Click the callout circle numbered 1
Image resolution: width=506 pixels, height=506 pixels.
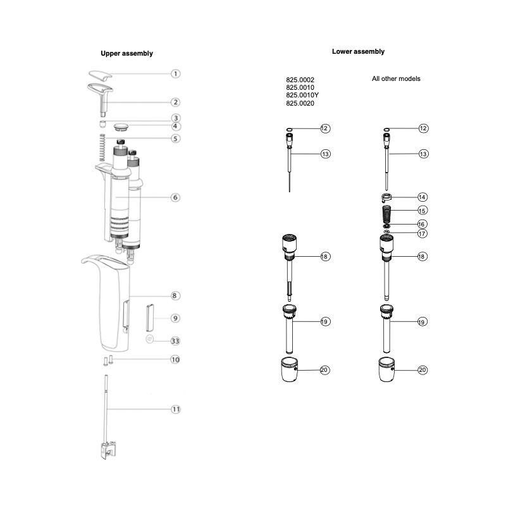pyautogui.click(x=176, y=74)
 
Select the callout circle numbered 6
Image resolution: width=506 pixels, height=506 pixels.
pyautogui.click(x=175, y=197)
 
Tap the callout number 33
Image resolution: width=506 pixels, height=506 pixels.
pyautogui.click(x=175, y=341)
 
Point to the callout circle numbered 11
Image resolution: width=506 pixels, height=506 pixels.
pyautogui.click(x=176, y=409)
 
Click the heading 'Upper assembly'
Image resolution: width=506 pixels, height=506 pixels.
pyautogui.click(x=127, y=54)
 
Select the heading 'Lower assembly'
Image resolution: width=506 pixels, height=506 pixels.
pyautogui.click(x=358, y=52)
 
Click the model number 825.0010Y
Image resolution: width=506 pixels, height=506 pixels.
pyautogui.click(x=302, y=96)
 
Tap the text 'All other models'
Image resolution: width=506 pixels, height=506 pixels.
pyautogui.click(x=396, y=78)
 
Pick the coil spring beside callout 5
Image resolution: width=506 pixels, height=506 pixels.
pyautogui.click(x=102, y=147)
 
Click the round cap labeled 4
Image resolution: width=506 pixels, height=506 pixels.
pyautogui.click(x=121, y=126)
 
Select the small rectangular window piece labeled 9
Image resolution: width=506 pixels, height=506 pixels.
pyautogui.click(x=150, y=318)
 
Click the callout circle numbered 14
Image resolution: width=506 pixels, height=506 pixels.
pyautogui.click(x=422, y=197)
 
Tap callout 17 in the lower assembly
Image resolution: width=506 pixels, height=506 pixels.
pyautogui.click(x=423, y=233)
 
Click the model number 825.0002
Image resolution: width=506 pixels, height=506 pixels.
pyautogui.click(x=300, y=80)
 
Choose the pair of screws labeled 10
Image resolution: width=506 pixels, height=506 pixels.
pyautogui.click(x=108, y=360)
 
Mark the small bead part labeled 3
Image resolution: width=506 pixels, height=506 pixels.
pyautogui.click(x=102, y=123)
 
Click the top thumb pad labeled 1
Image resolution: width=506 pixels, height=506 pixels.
pyautogui.click(x=100, y=75)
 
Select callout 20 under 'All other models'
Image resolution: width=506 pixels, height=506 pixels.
pyautogui.click(x=423, y=370)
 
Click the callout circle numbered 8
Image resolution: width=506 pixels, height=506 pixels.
pyautogui.click(x=175, y=295)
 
